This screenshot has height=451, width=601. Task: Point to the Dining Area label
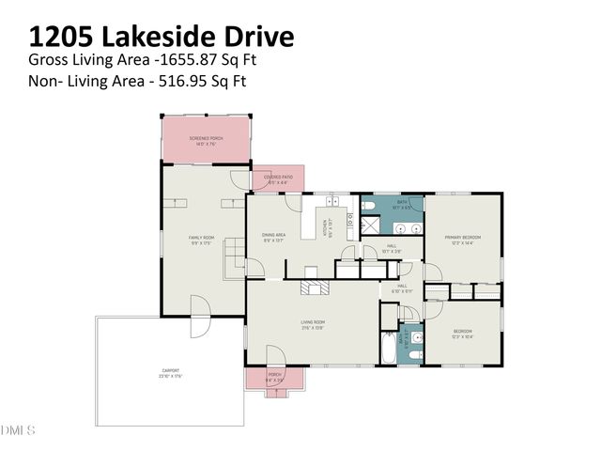tap(274, 238)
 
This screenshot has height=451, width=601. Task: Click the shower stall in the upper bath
tap(372, 225)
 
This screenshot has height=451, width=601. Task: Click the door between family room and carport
tap(199, 309)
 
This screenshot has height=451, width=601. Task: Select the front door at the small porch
tap(275, 358)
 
